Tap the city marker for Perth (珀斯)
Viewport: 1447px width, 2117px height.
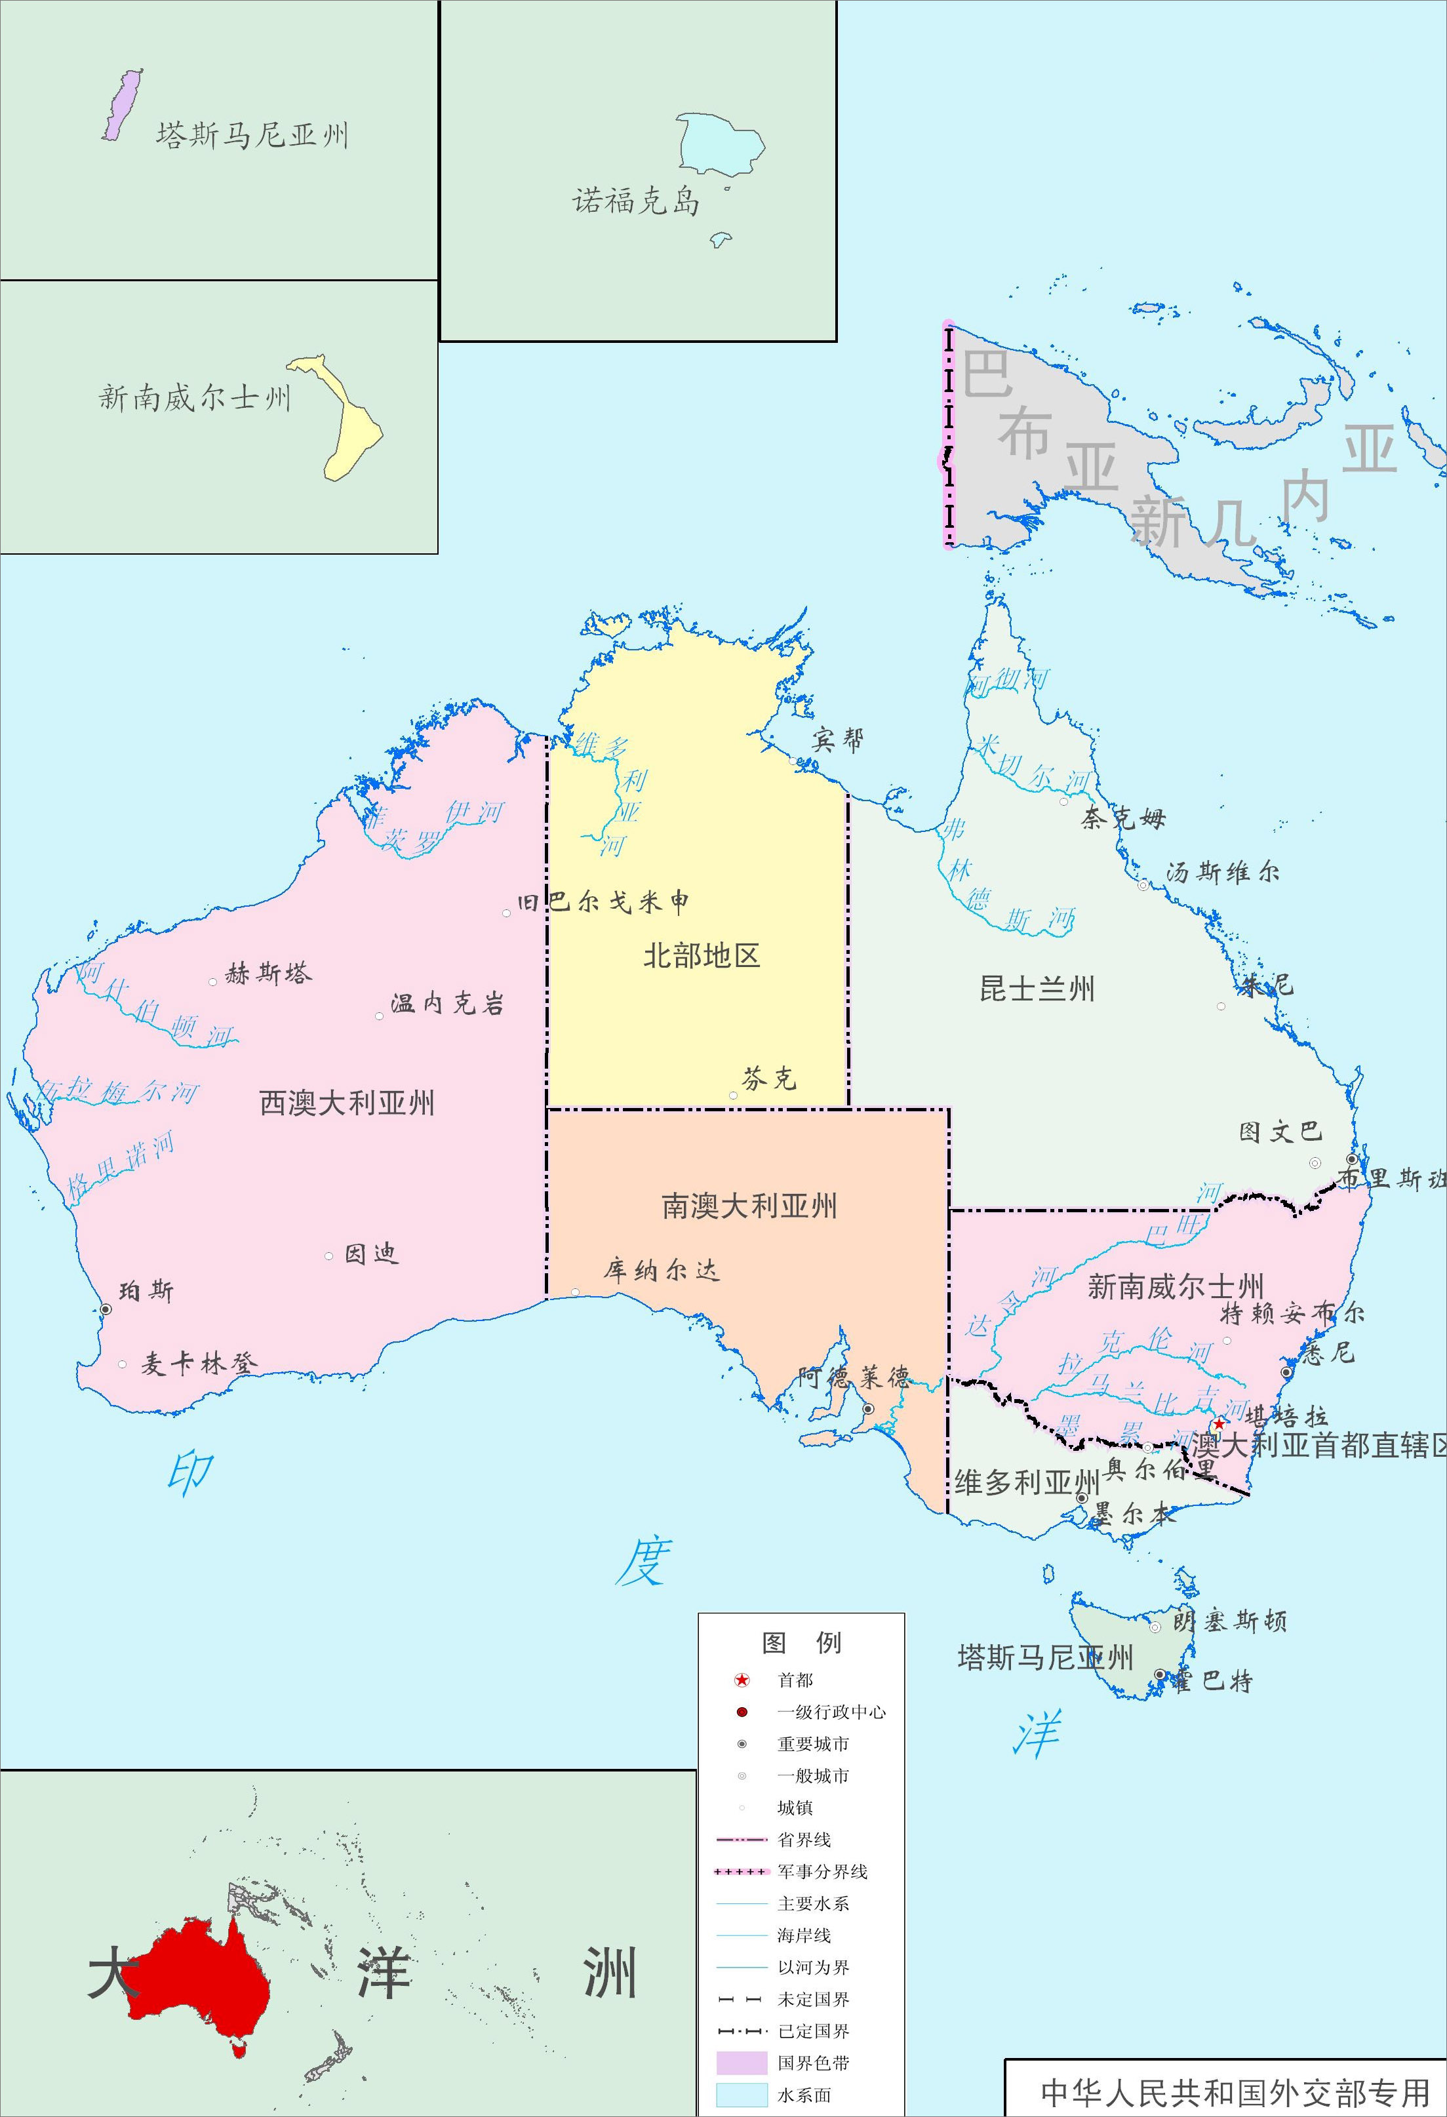click(106, 1309)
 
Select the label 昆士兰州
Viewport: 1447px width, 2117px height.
click(1037, 989)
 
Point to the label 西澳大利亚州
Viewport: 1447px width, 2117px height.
click(347, 1103)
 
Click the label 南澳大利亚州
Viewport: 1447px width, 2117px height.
click(749, 1207)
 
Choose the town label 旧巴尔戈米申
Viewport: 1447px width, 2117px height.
click(603, 902)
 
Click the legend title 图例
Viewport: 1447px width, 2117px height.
click(801, 1642)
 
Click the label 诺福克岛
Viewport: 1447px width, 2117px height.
click(636, 201)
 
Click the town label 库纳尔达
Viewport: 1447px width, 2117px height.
click(662, 1271)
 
